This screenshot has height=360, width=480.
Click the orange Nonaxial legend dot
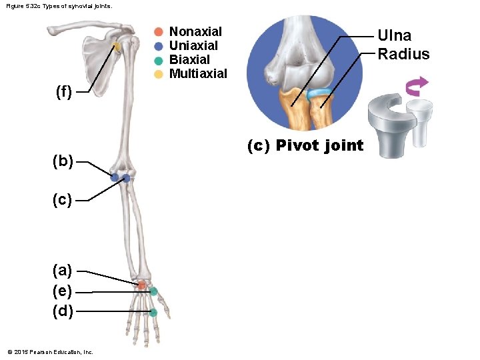pos(158,32)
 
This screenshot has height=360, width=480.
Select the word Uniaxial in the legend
pos(193,46)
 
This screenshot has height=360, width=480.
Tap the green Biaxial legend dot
pos(158,60)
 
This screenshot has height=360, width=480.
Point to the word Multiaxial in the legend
pos(198,73)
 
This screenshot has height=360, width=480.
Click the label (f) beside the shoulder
pos(64,92)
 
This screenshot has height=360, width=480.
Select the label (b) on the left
pos(63,161)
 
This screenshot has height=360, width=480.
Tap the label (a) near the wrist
pos(63,270)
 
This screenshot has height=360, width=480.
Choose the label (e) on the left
pos(63,291)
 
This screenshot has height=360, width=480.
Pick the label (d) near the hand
pos(63,311)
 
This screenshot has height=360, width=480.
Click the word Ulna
pos(395,36)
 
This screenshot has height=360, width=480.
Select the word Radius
pos(403,54)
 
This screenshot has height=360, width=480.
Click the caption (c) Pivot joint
pos(305,145)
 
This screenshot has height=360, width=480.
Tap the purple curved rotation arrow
pos(417,86)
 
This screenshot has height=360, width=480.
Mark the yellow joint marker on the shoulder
pos(117,47)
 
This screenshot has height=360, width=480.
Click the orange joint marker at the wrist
pos(141,285)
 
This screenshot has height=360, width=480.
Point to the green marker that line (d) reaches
pos(153,312)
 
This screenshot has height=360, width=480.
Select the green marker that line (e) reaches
pos(154,291)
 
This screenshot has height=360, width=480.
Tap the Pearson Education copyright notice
pos(50,352)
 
